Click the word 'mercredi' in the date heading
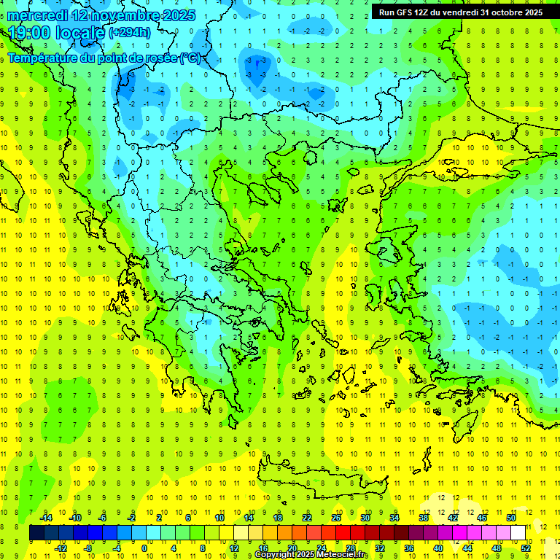click(x=38, y=15)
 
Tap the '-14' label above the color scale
click(x=47, y=517)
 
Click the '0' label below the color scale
click(x=144, y=548)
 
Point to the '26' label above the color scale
click(x=336, y=517)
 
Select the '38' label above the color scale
click(x=424, y=517)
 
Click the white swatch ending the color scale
click(x=518, y=532)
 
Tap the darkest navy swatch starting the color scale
click(x=36, y=532)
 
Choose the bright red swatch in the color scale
click(x=343, y=532)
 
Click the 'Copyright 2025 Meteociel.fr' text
click(x=311, y=555)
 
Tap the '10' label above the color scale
click(x=219, y=517)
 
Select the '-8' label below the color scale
click(x=88, y=548)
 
